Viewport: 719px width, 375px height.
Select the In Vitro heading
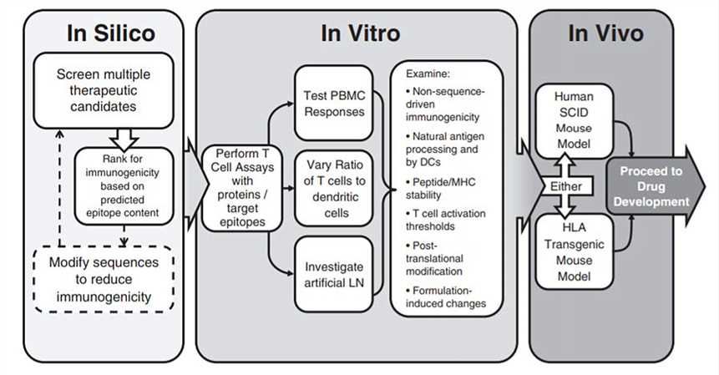pos(360,33)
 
